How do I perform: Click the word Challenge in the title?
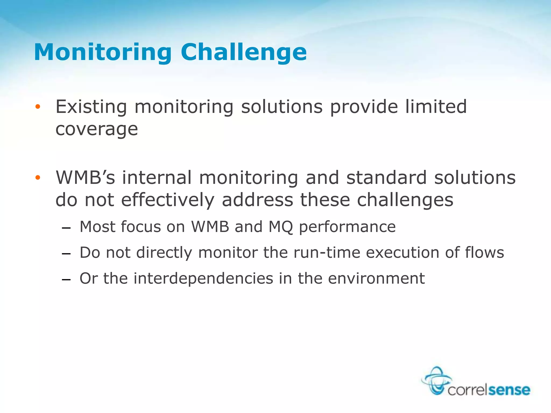click(243, 52)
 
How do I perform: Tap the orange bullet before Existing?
click(38, 107)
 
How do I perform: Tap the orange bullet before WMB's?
click(38, 177)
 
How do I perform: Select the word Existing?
click(91, 107)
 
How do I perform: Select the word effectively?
click(168, 200)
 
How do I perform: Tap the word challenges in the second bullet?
click(405, 200)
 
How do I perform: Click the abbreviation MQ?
click(281, 227)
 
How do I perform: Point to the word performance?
click(347, 227)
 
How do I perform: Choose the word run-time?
click(327, 252)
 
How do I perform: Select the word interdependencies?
click(203, 278)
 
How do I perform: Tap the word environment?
click(376, 278)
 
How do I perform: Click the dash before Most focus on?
click(66, 228)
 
